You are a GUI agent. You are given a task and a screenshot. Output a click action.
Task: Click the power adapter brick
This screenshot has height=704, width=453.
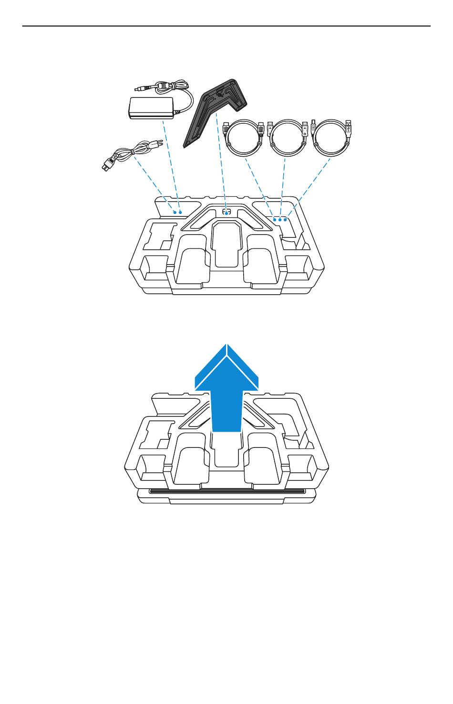(x=151, y=108)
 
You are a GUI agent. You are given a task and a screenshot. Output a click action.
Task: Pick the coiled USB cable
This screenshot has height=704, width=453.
(x=331, y=139)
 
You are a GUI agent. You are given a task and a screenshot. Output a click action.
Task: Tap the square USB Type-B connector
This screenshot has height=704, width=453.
(x=313, y=128)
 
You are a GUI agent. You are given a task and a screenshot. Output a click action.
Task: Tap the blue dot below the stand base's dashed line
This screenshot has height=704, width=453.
(x=226, y=213)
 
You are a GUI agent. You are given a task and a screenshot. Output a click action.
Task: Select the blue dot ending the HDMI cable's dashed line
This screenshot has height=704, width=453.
(x=275, y=220)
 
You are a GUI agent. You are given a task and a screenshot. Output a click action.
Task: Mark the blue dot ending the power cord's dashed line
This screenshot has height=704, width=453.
(x=175, y=212)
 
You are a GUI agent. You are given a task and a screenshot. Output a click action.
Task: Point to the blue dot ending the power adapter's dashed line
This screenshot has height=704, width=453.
(x=181, y=212)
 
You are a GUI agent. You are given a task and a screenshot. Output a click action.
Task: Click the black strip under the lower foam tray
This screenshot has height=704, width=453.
(x=226, y=491)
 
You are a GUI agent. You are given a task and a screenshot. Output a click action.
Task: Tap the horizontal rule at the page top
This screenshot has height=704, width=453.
(x=226, y=26)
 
